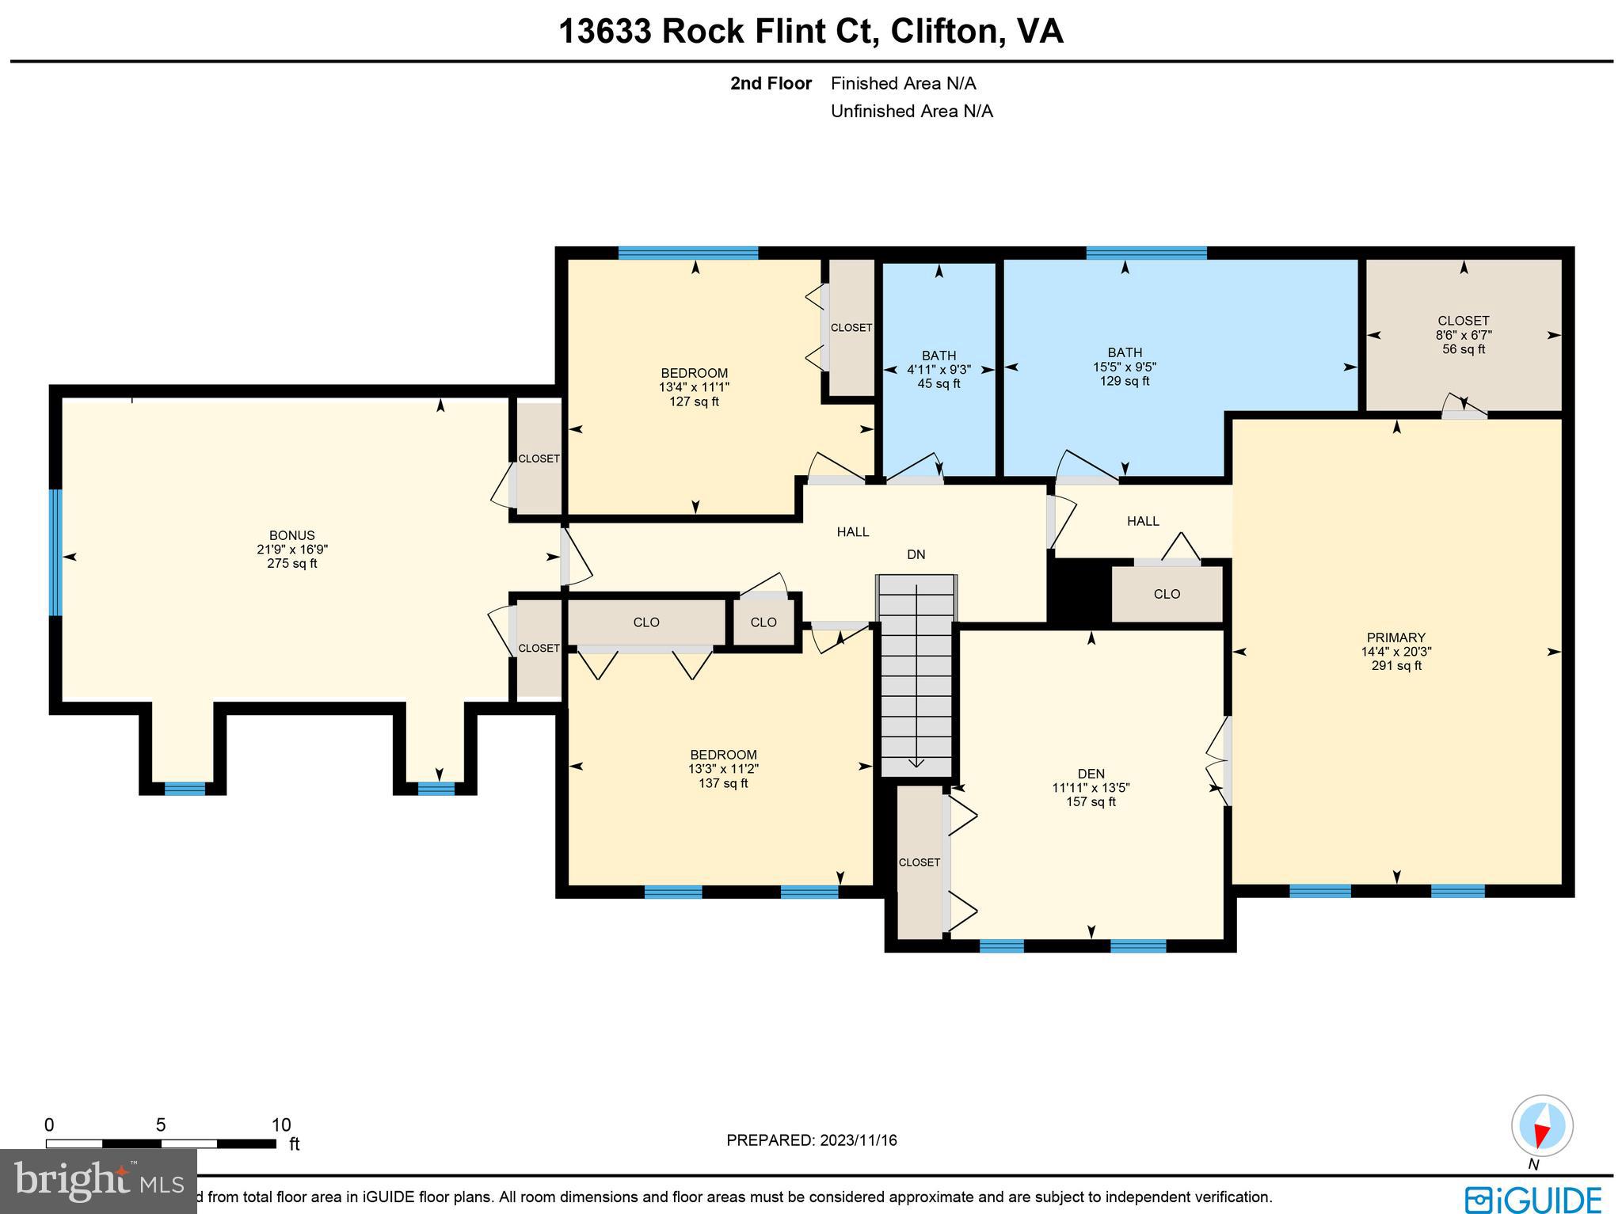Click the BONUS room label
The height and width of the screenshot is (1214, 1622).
tap(291, 535)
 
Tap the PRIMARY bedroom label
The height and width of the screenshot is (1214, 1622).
tap(1395, 637)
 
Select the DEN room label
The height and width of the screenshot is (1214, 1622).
tap(1091, 774)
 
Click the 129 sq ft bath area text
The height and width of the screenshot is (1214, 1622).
tap(1124, 381)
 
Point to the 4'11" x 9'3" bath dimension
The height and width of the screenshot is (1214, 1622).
tap(939, 370)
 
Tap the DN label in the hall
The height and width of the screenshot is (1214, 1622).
tap(916, 554)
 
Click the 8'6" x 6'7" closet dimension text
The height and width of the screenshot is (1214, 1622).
tap(1463, 335)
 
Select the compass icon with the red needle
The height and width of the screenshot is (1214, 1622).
tap(1541, 1125)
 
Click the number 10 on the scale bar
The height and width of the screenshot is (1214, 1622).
tap(281, 1125)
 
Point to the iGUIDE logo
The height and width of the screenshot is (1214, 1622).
tap(1532, 1197)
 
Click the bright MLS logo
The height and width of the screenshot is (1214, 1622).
tap(98, 1182)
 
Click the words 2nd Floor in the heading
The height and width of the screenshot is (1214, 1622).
tap(770, 83)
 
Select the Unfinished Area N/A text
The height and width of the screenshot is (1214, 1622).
tap(911, 111)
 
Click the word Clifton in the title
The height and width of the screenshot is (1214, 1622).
tap(942, 32)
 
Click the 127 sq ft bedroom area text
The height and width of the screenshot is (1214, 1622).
tap(694, 401)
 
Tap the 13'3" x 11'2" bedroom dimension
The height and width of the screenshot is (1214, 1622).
tap(722, 769)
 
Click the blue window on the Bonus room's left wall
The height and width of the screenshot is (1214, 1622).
tap(55, 552)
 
